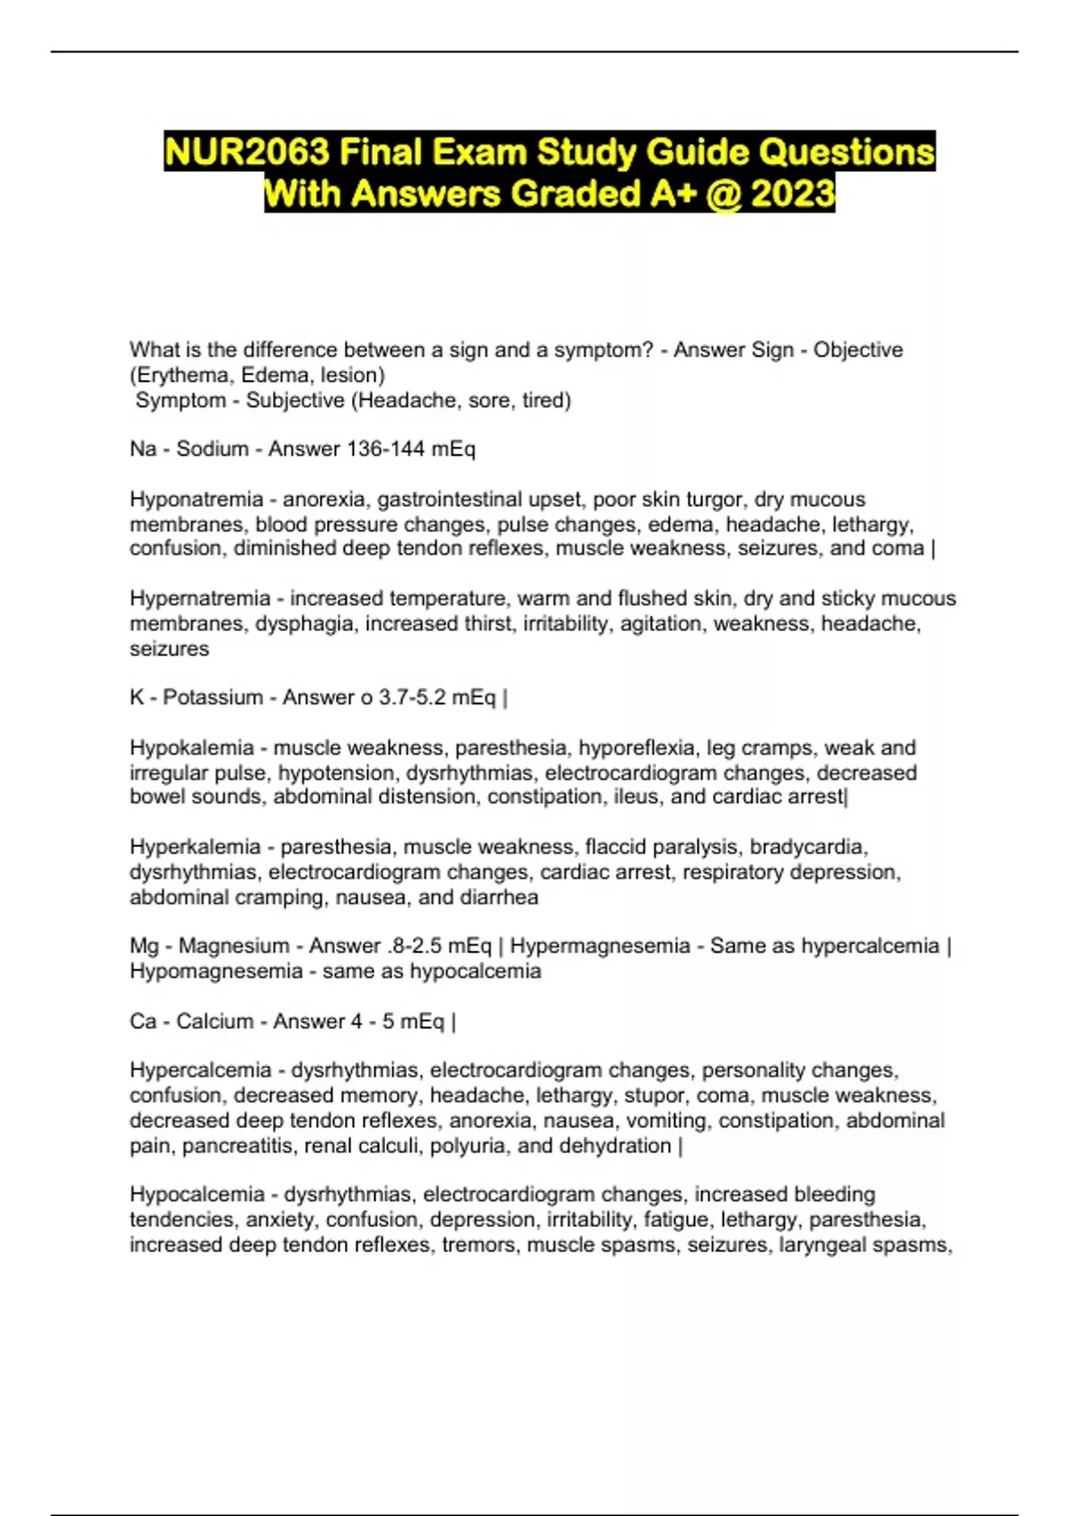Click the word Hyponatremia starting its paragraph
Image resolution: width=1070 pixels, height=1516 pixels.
coord(196,499)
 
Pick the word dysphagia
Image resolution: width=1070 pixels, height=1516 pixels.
coord(308,623)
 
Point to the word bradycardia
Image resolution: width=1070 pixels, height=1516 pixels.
coord(808,846)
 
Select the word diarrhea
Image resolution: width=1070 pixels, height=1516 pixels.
coord(499,897)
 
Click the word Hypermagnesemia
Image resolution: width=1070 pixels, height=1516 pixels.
coord(600,945)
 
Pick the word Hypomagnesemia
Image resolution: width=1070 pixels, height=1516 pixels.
coord(216,971)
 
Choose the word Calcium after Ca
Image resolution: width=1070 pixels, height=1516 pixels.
coord(215,1021)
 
